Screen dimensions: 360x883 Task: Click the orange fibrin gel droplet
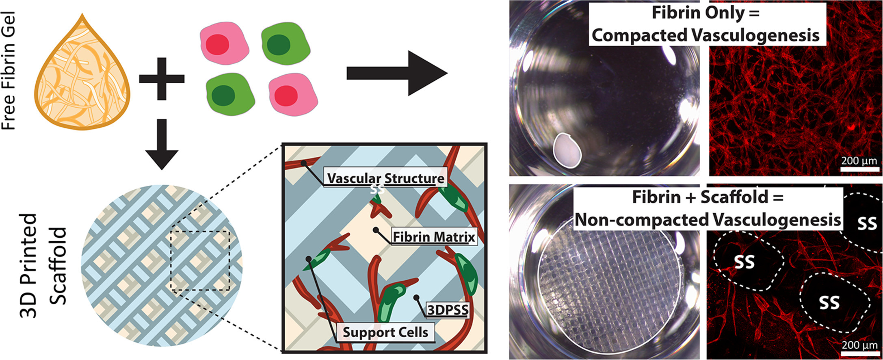(82, 77)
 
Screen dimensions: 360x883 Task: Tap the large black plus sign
(162, 78)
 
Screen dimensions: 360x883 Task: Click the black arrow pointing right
(396, 74)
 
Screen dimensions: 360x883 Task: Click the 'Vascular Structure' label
(385, 178)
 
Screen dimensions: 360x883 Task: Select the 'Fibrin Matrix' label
(434, 236)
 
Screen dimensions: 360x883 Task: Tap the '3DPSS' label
(448, 310)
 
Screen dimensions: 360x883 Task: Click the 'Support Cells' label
(385, 332)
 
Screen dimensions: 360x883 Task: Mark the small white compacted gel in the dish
(567, 150)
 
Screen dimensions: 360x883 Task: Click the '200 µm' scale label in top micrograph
(859, 160)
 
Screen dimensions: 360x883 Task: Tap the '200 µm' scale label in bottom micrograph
(859, 345)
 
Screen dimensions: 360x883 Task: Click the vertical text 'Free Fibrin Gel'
(9, 71)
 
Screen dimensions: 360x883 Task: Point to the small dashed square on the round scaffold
(200, 260)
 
